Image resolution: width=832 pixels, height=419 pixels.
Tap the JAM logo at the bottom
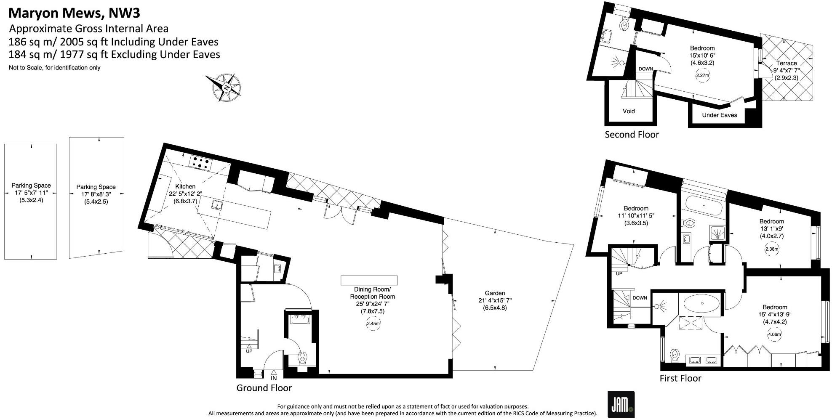coord(621,404)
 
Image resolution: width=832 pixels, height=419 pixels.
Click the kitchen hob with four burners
coord(200,163)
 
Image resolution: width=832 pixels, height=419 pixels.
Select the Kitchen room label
coord(185,186)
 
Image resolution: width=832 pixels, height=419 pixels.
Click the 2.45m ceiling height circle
coord(373,324)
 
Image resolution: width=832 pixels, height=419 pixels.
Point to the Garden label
coord(495,293)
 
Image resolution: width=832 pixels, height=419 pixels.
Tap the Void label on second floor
coord(628,111)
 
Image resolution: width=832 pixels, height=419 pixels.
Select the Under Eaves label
coord(719,115)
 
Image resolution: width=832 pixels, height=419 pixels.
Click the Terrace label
coord(786,63)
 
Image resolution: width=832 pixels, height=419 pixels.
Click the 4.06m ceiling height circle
coord(774,335)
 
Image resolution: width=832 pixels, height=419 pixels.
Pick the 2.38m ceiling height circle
coord(771,249)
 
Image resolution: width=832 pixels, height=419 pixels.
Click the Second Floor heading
coord(631,135)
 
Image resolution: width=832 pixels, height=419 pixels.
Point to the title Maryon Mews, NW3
coord(74,13)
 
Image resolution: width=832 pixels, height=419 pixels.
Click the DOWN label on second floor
coord(645,69)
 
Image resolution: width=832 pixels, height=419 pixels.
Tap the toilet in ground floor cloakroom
coord(302,358)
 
